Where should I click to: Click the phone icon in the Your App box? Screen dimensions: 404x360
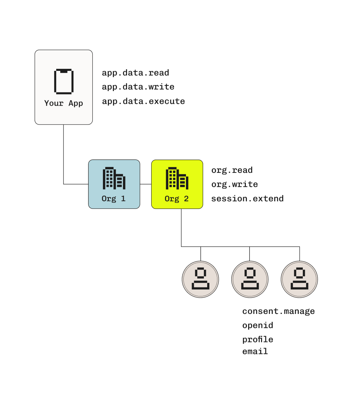coord(64,81)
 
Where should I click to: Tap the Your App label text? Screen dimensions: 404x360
coord(64,103)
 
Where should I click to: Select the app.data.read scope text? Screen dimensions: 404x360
coord(135,73)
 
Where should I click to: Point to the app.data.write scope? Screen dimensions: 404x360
coord(138,87)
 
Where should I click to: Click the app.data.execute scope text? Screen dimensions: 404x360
coord(143,101)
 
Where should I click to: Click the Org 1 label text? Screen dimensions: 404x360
coord(113,199)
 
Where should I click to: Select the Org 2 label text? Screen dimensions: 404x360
coord(177,199)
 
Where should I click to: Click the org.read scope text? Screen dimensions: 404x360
coord(232,170)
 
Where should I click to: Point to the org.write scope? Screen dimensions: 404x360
coord(235,184)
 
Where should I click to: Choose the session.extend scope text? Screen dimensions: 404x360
coord(247,199)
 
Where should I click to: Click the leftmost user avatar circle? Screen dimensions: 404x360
coord(201,279)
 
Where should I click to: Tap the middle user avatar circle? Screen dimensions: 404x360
coord(250,279)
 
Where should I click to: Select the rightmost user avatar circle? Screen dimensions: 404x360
coord(299,279)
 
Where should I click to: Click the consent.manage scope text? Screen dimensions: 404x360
coord(278,311)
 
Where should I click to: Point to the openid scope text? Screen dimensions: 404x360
coord(258,326)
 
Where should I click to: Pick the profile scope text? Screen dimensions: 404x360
coord(258,339)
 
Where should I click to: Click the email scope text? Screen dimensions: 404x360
coord(255,351)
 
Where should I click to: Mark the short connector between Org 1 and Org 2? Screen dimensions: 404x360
coord(146,184)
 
